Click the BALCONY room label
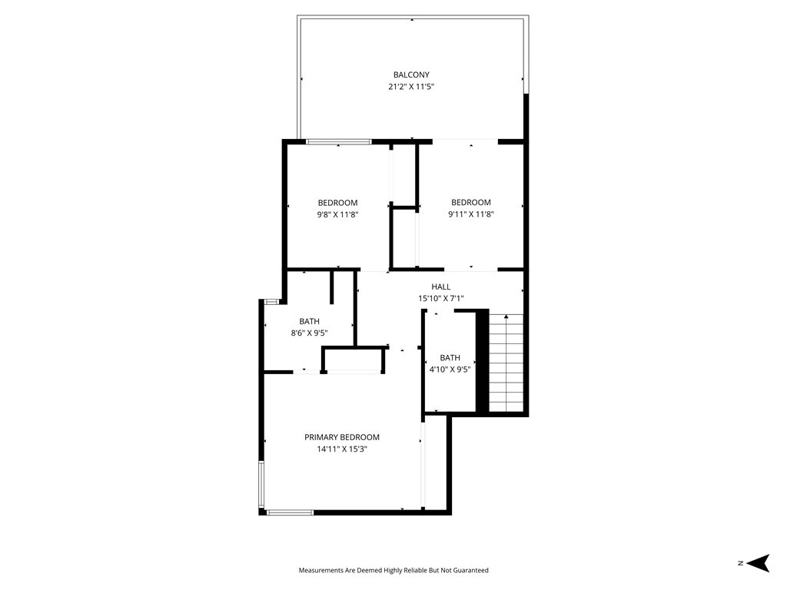tap(411, 75)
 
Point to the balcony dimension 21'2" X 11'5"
tap(411, 87)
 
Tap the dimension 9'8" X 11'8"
tap(337, 215)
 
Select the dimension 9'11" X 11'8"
tap(470, 215)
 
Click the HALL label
tap(440, 287)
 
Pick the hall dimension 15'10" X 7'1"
tap(440, 298)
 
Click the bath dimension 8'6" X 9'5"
tap(309, 333)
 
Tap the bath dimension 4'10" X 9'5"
tap(450, 370)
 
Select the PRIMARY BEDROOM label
tap(342, 437)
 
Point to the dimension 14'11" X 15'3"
tap(342, 449)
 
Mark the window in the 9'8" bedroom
tap(339, 141)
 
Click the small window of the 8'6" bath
tap(271, 301)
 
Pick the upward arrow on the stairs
tap(506, 317)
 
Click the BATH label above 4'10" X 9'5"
tap(450, 358)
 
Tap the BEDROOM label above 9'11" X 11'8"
tap(470, 203)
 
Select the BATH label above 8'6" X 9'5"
tap(309, 321)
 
